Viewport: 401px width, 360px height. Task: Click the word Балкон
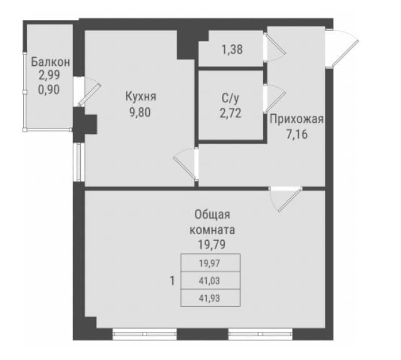tap(50, 62)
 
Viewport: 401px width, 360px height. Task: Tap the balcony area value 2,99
tap(49, 75)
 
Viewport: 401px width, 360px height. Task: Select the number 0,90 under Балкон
tap(49, 90)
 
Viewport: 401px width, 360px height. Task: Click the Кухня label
tap(140, 97)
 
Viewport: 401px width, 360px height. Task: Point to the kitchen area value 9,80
tap(140, 112)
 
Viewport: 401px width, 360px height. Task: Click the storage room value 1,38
tap(232, 50)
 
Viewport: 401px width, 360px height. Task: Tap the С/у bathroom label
tap(231, 98)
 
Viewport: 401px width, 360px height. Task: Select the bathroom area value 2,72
tap(231, 113)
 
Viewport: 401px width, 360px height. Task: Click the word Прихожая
tap(297, 119)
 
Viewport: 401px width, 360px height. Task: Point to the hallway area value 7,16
tap(297, 134)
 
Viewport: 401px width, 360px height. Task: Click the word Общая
tap(212, 214)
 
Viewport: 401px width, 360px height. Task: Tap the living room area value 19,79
tap(212, 245)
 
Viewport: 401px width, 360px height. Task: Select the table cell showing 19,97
tap(211, 263)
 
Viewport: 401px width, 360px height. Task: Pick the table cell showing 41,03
tap(211, 280)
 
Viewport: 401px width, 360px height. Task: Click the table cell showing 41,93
tap(211, 298)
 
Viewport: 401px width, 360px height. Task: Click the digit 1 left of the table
tap(172, 281)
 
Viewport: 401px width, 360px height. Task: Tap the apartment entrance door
tap(342, 49)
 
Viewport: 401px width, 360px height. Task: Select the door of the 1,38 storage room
tap(274, 46)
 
